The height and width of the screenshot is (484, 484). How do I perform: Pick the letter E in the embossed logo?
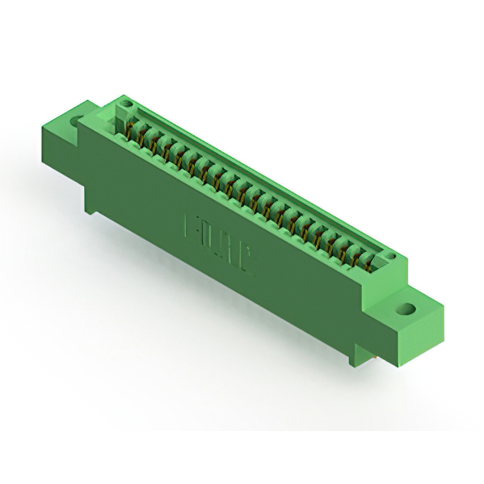click(191, 228)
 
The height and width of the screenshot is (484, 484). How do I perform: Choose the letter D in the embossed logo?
click(209, 238)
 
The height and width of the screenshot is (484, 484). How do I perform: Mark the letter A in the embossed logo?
click(229, 250)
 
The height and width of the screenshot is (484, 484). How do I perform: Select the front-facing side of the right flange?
click(393, 333)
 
